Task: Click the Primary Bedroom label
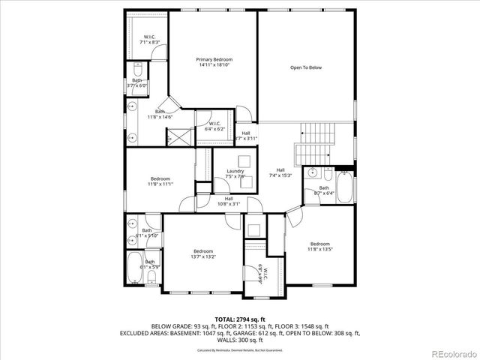214,62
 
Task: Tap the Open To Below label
306,67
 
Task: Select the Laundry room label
235,173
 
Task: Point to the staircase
314,143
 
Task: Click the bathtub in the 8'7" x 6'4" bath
345,187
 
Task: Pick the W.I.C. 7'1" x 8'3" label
150,40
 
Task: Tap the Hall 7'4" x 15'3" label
280,172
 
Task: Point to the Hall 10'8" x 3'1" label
228,200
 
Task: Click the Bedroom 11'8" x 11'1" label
160,181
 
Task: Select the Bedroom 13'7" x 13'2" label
202,253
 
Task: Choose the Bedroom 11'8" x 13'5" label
320,246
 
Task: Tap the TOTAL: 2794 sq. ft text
240,319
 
